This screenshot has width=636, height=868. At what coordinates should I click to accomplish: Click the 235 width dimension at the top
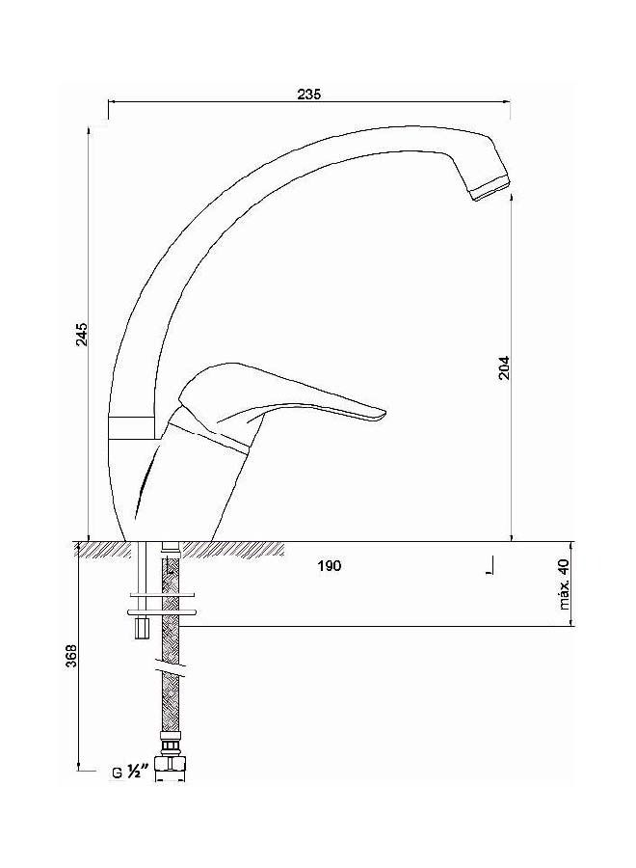point(307,94)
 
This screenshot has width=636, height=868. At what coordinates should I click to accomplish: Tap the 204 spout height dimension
point(503,367)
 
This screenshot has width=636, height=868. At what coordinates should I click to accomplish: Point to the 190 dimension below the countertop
point(330,566)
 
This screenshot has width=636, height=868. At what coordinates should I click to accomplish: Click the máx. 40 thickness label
point(564,584)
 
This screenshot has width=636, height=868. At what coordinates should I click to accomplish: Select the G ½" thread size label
point(128,773)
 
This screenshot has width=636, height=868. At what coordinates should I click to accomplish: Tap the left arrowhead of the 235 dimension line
point(112,100)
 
